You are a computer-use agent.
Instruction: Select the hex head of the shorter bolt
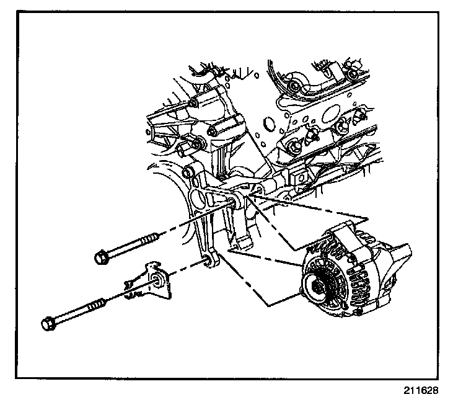tap(101, 256)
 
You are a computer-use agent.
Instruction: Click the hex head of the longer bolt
tap(49, 323)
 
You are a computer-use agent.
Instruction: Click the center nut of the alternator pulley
tap(318, 287)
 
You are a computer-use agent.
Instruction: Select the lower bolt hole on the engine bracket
tap(207, 262)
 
